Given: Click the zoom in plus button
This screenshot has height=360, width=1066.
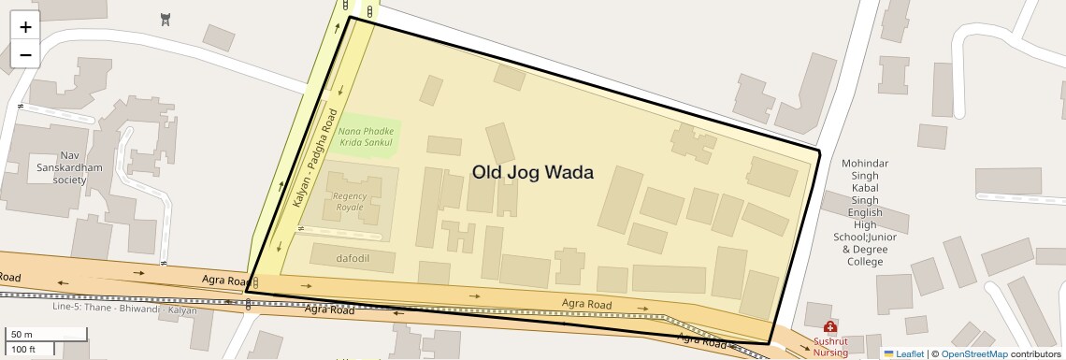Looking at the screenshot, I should [x=25, y=27].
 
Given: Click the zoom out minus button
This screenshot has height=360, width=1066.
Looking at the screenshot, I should [x=25, y=55].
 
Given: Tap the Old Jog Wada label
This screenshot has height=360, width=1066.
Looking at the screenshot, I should [x=532, y=172].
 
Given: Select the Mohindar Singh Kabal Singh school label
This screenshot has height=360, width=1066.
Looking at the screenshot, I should [x=863, y=212].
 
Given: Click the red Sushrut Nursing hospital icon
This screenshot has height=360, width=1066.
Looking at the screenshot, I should [x=829, y=327].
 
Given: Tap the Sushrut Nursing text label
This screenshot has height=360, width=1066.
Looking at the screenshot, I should [x=829, y=347].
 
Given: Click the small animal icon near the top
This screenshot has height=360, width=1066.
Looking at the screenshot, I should [x=166, y=20].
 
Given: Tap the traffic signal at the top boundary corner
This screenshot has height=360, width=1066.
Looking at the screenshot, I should [x=370, y=12].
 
